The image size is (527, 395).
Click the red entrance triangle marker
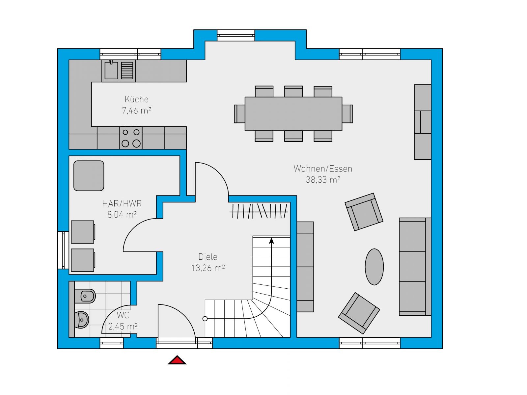click(177, 360)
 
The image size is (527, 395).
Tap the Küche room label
click(136, 99)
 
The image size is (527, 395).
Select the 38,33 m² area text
click(323, 180)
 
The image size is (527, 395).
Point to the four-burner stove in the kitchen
click(131, 138)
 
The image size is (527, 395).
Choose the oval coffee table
click(374, 267)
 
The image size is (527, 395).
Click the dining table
click(293, 114)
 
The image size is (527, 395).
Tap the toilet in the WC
click(85, 296)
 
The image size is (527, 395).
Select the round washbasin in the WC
click(82, 320)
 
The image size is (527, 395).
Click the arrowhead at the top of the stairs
click(271, 241)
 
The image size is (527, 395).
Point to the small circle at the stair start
click(205, 319)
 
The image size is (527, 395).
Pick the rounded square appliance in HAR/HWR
click(89, 176)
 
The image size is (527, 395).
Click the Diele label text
click(208, 257)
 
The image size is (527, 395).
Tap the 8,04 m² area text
click(122, 214)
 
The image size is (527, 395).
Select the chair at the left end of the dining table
click(239, 114)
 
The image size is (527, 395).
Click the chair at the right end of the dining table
click(347, 114)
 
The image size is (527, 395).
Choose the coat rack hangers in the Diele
click(259, 211)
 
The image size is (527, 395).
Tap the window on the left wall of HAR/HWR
click(63, 250)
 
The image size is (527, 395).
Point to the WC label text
click(123, 315)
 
